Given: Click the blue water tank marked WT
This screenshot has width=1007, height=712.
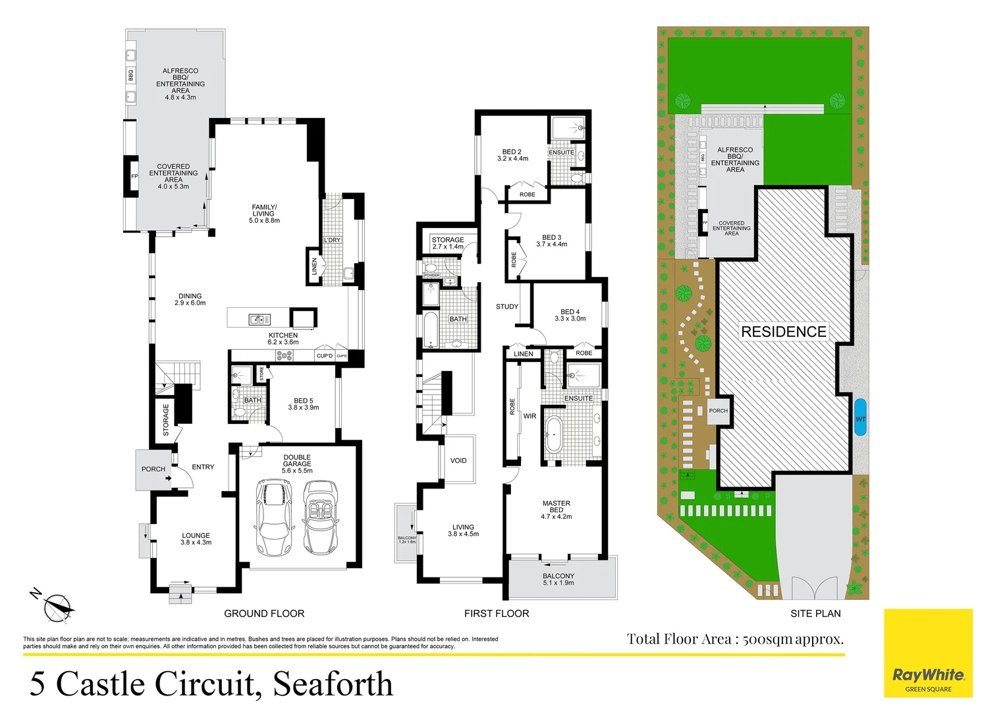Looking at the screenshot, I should [860, 417].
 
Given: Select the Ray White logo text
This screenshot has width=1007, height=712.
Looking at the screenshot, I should [928, 674].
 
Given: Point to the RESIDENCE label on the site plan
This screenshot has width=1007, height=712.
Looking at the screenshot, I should [783, 332].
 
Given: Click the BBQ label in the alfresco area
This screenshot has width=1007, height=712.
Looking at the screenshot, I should [130, 76].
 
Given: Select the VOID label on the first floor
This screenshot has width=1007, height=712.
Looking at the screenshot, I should [458, 461].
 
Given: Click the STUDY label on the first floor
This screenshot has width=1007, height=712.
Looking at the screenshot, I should [507, 307].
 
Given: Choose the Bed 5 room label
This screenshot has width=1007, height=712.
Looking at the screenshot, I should [304, 403].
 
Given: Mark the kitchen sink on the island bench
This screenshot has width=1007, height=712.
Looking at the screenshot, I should [259, 320].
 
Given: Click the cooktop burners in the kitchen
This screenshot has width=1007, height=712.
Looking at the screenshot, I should [284, 355].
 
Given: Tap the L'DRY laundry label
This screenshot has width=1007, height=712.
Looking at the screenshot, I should [332, 240].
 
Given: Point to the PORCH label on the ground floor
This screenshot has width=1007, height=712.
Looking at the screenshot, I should [153, 469].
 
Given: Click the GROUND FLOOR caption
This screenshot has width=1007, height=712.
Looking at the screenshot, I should [264, 614].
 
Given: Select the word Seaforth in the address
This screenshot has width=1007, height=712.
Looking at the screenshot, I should [333, 684].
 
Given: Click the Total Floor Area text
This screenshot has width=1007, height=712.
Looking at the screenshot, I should [735, 639].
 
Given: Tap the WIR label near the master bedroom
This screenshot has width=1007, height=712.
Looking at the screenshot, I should [530, 416].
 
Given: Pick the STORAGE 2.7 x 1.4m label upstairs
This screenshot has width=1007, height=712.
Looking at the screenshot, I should [448, 243].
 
